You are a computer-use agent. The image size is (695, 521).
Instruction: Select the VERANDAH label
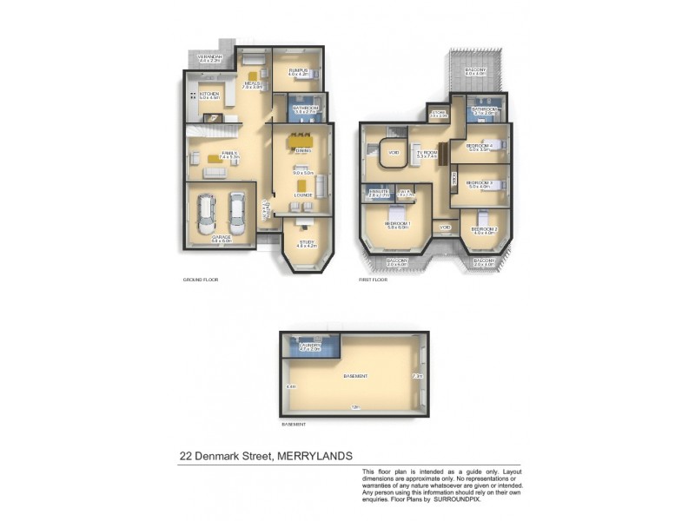tap(210, 57)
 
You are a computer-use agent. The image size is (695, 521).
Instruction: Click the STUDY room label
tap(307, 243)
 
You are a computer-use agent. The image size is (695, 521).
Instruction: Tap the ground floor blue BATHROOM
tap(304, 109)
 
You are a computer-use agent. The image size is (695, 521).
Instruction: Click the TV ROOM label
tap(426, 153)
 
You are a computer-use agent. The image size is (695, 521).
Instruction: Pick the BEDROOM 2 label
tap(483, 229)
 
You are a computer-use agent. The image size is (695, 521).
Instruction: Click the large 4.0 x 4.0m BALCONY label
tap(475, 70)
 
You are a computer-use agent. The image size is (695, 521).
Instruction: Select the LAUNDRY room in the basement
tap(310, 346)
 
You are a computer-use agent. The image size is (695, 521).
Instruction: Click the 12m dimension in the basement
tap(354, 407)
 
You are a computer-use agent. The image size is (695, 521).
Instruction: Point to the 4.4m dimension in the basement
tap(291, 386)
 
